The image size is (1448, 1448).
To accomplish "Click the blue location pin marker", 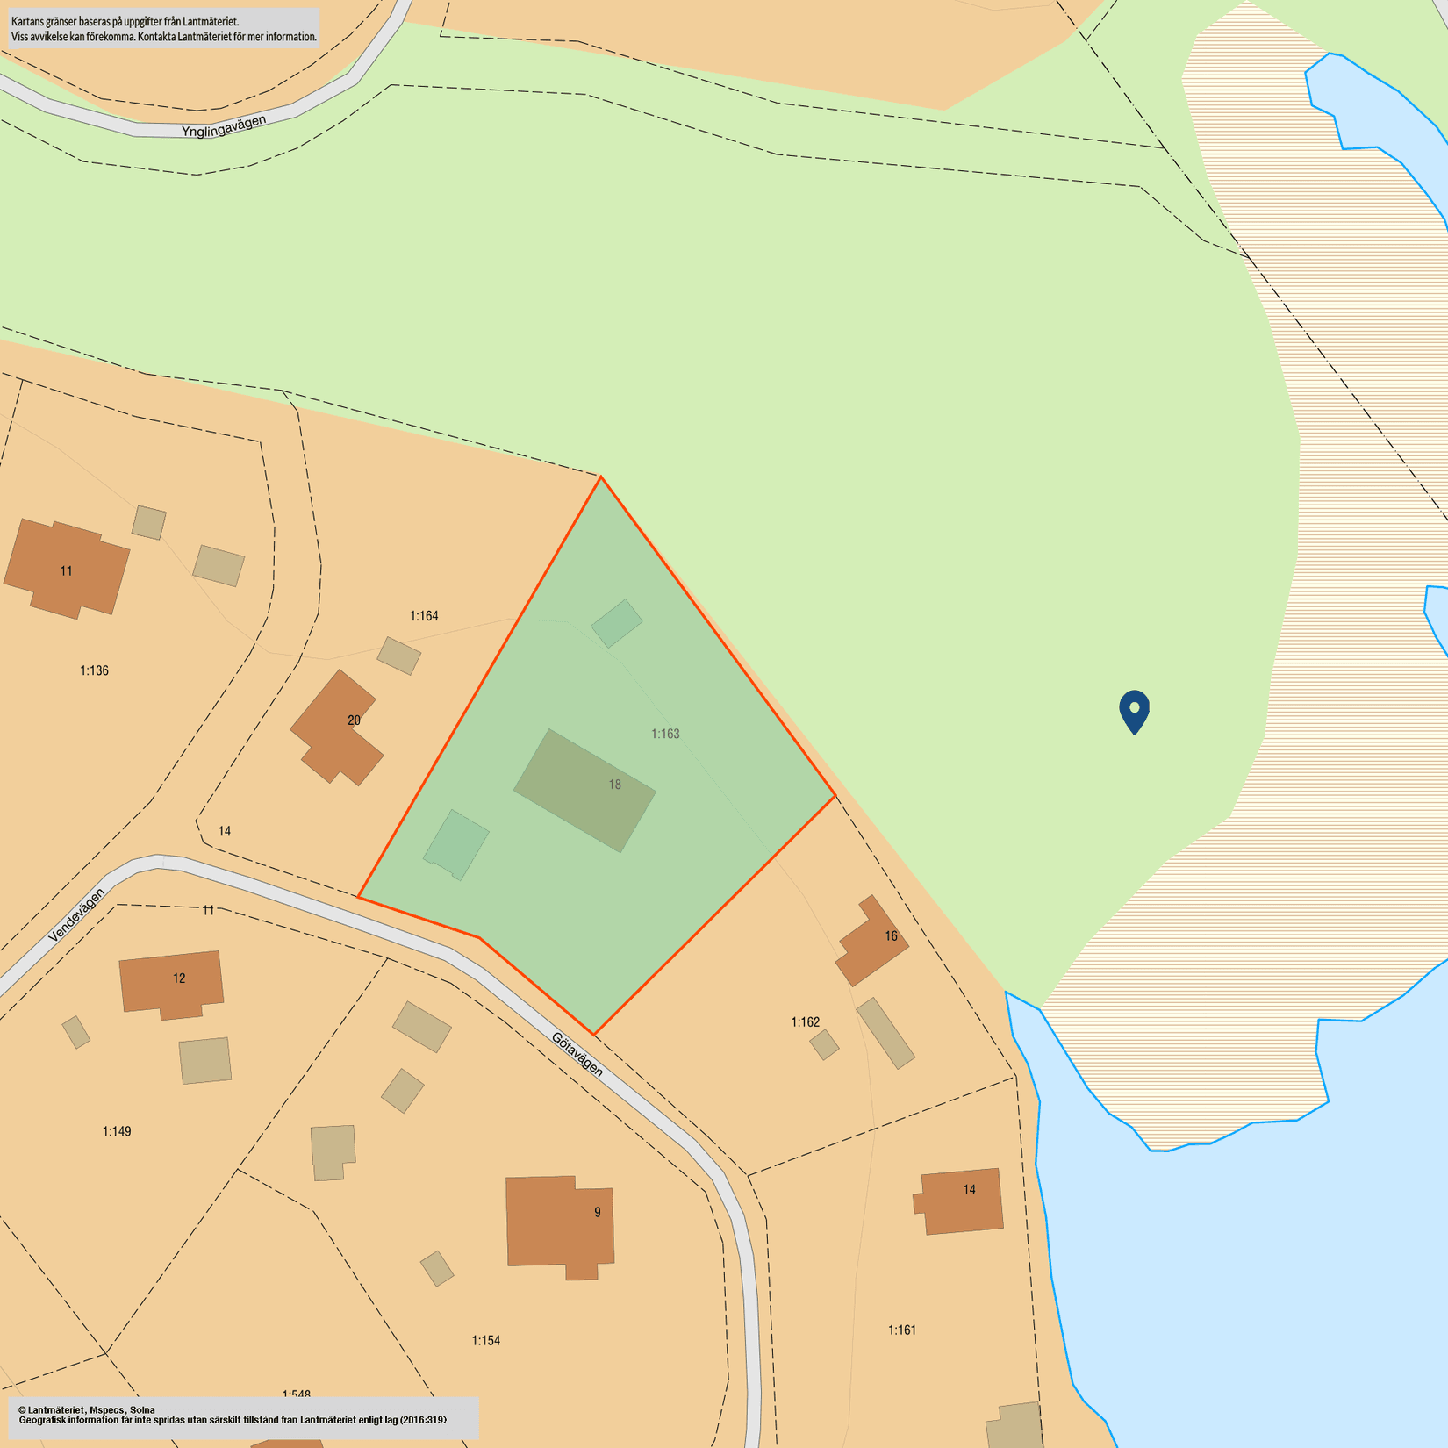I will (x=1134, y=710).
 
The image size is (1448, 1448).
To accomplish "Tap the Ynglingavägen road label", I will (x=224, y=126).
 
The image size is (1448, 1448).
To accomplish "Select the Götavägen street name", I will (x=577, y=1054).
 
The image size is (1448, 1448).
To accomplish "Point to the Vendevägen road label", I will (x=76, y=915).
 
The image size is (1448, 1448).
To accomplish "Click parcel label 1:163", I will (x=665, y=734).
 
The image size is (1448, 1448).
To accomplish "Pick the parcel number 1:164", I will (x=424, y=616).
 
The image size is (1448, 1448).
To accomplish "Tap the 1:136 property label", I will (x=94, y=670).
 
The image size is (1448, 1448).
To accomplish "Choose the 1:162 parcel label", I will (x=805, y=1022).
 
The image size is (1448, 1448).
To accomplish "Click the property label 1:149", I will (x=117, y=1131).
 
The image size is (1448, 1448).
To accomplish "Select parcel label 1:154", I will (x=485, y=1340).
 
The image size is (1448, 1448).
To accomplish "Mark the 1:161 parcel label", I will (x=901, y=1330).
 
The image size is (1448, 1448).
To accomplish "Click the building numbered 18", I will (x=585, y=790).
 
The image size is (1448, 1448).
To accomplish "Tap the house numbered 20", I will (x=337, y=728).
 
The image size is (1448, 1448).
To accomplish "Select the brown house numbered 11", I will (x=67, y=569).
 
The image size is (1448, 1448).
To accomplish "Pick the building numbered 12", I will (x=171, y=983).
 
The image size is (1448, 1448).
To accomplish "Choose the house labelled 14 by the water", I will (x=961, y=1200).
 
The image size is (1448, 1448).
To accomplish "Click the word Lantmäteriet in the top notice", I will (x=211, y=21).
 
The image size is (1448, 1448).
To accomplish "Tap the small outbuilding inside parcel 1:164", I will (x=398, y=656).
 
